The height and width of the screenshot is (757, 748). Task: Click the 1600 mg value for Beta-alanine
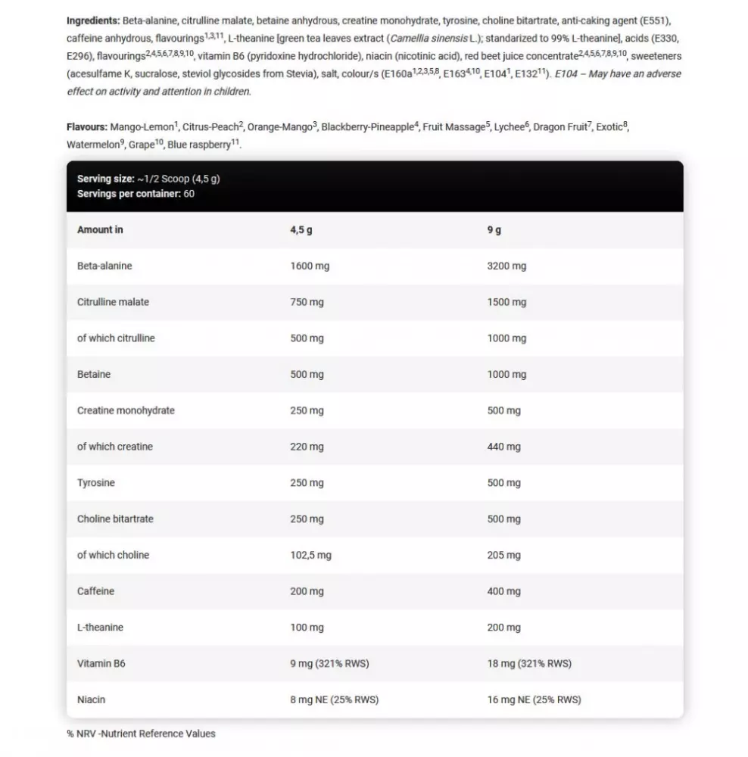pyautogui.click(x=310, y=266)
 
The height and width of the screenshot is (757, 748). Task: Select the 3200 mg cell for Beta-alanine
pyautogui.click(x=506, y=266)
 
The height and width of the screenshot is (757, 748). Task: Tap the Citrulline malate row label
pyautogui.click(x=113, y=302)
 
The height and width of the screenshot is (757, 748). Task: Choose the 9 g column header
pyautogui.click(x=494, y=230)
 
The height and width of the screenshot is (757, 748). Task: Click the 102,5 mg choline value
pyautogui.click(x=310, y=555)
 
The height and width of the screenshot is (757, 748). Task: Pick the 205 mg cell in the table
pyautogui.click(x=503, y=555)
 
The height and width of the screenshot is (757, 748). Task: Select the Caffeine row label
pyautogui.click(x=96, y=591)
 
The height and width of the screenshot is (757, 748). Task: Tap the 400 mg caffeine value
pyautogui.click(x=503, y=591)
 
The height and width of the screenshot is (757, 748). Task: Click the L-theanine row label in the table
pyautogui.click(x=100, y=628)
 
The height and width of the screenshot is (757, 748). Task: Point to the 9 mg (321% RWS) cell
pyautogui.click(x=329, y=664)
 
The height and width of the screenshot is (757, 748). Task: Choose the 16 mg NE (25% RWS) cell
pyautogui.click(x=534, y=700)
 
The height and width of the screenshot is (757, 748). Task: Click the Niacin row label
pyautogui.click(x=91, y=700)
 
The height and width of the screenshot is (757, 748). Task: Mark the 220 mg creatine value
pyautogui.click(x=307, y=447)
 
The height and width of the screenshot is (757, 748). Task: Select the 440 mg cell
pyautogui.click(x=503, y=447)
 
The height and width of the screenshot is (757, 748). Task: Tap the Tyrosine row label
pyautogui.click(x=96, y=483)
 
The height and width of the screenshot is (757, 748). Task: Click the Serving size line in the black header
pyautogui.click(x=148, y=179)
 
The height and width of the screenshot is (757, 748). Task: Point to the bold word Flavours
pyautogui.click(x=86, y=127)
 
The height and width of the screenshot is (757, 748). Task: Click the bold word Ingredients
pyautogui.click(x=93, y=20)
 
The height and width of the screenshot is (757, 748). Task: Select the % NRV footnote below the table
pyautogui.click(x=141, y=734)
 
